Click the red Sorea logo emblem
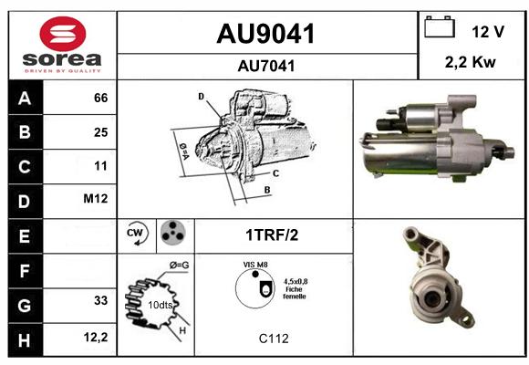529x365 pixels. [x=63, y=34]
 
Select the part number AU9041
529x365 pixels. [x=265, y=34]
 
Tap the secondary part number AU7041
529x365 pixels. [x=266, y=66]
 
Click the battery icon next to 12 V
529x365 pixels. [x=440, y=26]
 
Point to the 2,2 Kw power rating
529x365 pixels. [x=471, y=62]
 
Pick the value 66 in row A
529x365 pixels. [x=101, y=98]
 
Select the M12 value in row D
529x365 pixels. [x=96, y=199]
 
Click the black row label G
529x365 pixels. [x=25, y=306]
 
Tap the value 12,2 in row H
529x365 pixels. [x=96, y=337]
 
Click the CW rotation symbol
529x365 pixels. [x=137, y=233]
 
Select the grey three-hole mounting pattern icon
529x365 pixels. [x=173, y=233]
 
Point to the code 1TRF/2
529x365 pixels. [x=272, y=235]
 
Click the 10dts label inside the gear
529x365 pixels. [x=161, y=305]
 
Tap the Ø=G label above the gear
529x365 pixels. [x=179, y=266]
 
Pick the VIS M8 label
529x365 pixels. [x=255, y=265]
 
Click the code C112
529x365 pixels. [x=274, y=339]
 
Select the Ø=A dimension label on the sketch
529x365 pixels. [x=184, y=151]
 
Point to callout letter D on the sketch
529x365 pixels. [x=201, y=97]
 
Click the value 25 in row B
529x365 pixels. [x=101, y=132]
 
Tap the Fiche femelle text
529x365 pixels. [x=295, y=293]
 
